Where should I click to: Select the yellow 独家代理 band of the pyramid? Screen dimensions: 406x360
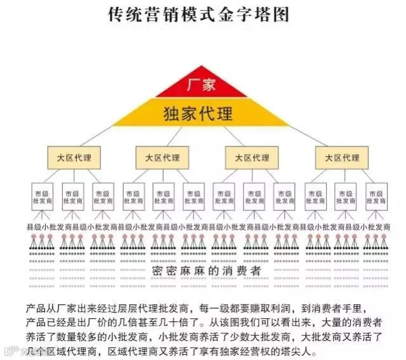(202, 113)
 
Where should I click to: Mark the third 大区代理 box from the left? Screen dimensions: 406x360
(252, 157)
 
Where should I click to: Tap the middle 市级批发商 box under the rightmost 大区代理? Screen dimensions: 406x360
(345, 196)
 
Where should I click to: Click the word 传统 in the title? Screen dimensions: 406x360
(124, 15)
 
